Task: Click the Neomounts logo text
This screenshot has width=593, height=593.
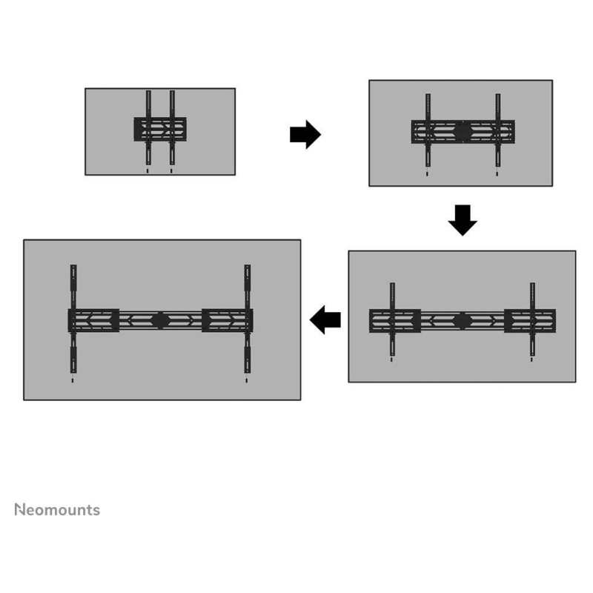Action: pos(57,510)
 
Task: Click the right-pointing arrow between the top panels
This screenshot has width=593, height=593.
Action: pos(305,135)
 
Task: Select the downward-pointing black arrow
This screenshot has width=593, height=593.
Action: pos(463,220)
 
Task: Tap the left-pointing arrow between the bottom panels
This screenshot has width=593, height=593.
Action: pos(325,320)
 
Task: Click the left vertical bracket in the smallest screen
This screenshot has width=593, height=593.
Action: pos(148,127)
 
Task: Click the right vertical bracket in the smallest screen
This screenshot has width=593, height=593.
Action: pos(172,127)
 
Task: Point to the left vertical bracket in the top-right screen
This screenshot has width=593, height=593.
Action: pos(428,130)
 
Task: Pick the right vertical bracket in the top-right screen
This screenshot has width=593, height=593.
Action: pos(497,130)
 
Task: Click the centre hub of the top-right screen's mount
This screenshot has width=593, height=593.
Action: pos(463,132)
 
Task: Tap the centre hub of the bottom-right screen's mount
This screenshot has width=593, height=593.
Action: pos(462,321)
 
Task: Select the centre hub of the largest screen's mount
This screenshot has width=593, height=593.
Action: pos(160,321)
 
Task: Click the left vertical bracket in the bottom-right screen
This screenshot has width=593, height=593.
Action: pos(393,319)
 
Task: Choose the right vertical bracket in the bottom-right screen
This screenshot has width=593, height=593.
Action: pos(532,319)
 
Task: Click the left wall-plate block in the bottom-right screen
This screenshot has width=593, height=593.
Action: pos(395,321)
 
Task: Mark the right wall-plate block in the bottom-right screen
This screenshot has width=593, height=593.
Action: pos(530,321)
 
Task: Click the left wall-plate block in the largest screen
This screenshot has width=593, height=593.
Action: pos(93,321)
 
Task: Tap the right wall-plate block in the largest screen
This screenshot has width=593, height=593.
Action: pos(228,321)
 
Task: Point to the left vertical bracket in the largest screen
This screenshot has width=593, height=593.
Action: pos(73,319)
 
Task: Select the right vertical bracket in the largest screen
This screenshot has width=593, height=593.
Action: pos(248,319)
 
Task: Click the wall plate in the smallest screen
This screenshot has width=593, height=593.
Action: pos(160,129)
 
